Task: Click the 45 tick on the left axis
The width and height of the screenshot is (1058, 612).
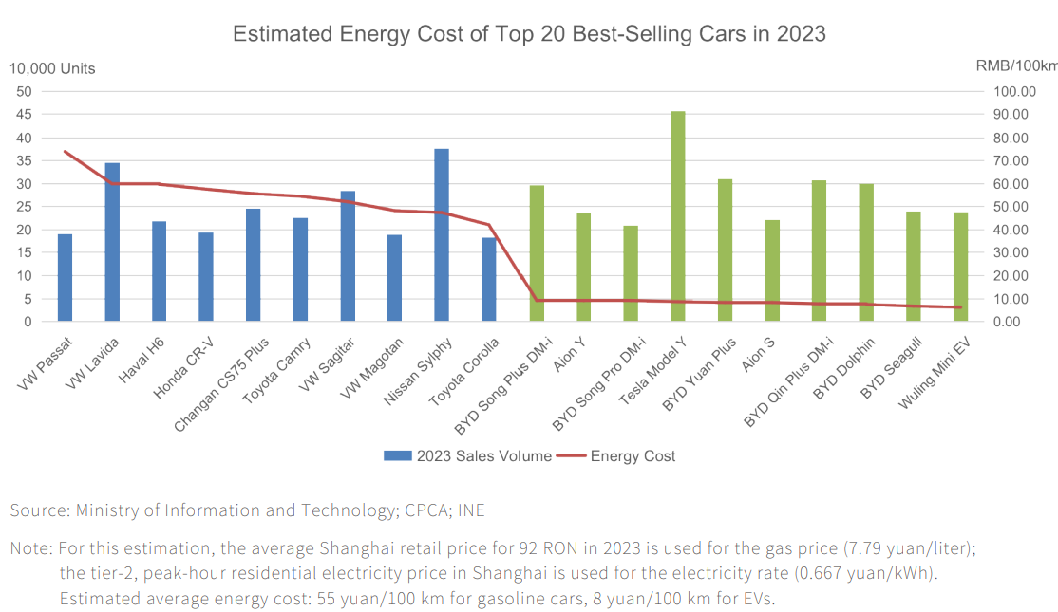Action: tap(24, 114)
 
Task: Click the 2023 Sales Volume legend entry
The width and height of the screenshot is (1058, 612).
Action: tap(468, 456)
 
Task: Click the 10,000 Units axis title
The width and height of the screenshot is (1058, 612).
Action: tap(52, 68)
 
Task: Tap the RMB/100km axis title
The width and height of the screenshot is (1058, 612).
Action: tap(1016, 65)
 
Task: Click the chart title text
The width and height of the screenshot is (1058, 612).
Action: tap(529, 34)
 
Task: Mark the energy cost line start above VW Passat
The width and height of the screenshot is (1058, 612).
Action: tap(65, 151)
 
